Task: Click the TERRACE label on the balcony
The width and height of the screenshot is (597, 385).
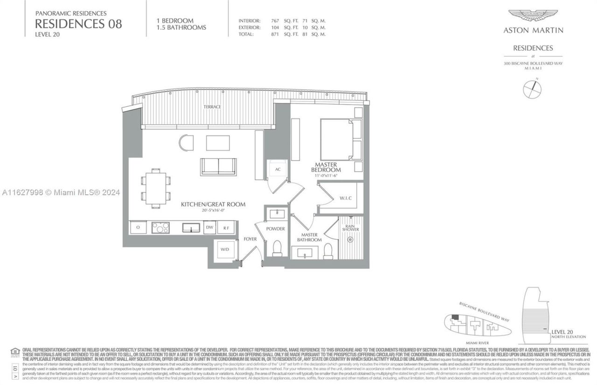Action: (212, 107)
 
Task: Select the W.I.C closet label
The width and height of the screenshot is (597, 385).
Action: (346, 198)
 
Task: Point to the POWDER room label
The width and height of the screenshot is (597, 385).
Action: (276, 229)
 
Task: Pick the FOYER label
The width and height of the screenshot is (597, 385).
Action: (250, 239)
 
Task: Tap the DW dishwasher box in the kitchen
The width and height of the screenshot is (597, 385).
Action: (210, 227)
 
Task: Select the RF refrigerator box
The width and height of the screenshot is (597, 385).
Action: (226, 227)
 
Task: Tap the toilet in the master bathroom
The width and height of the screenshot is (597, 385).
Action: (328, 251)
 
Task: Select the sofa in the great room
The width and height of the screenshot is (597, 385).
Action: (218, 167)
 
